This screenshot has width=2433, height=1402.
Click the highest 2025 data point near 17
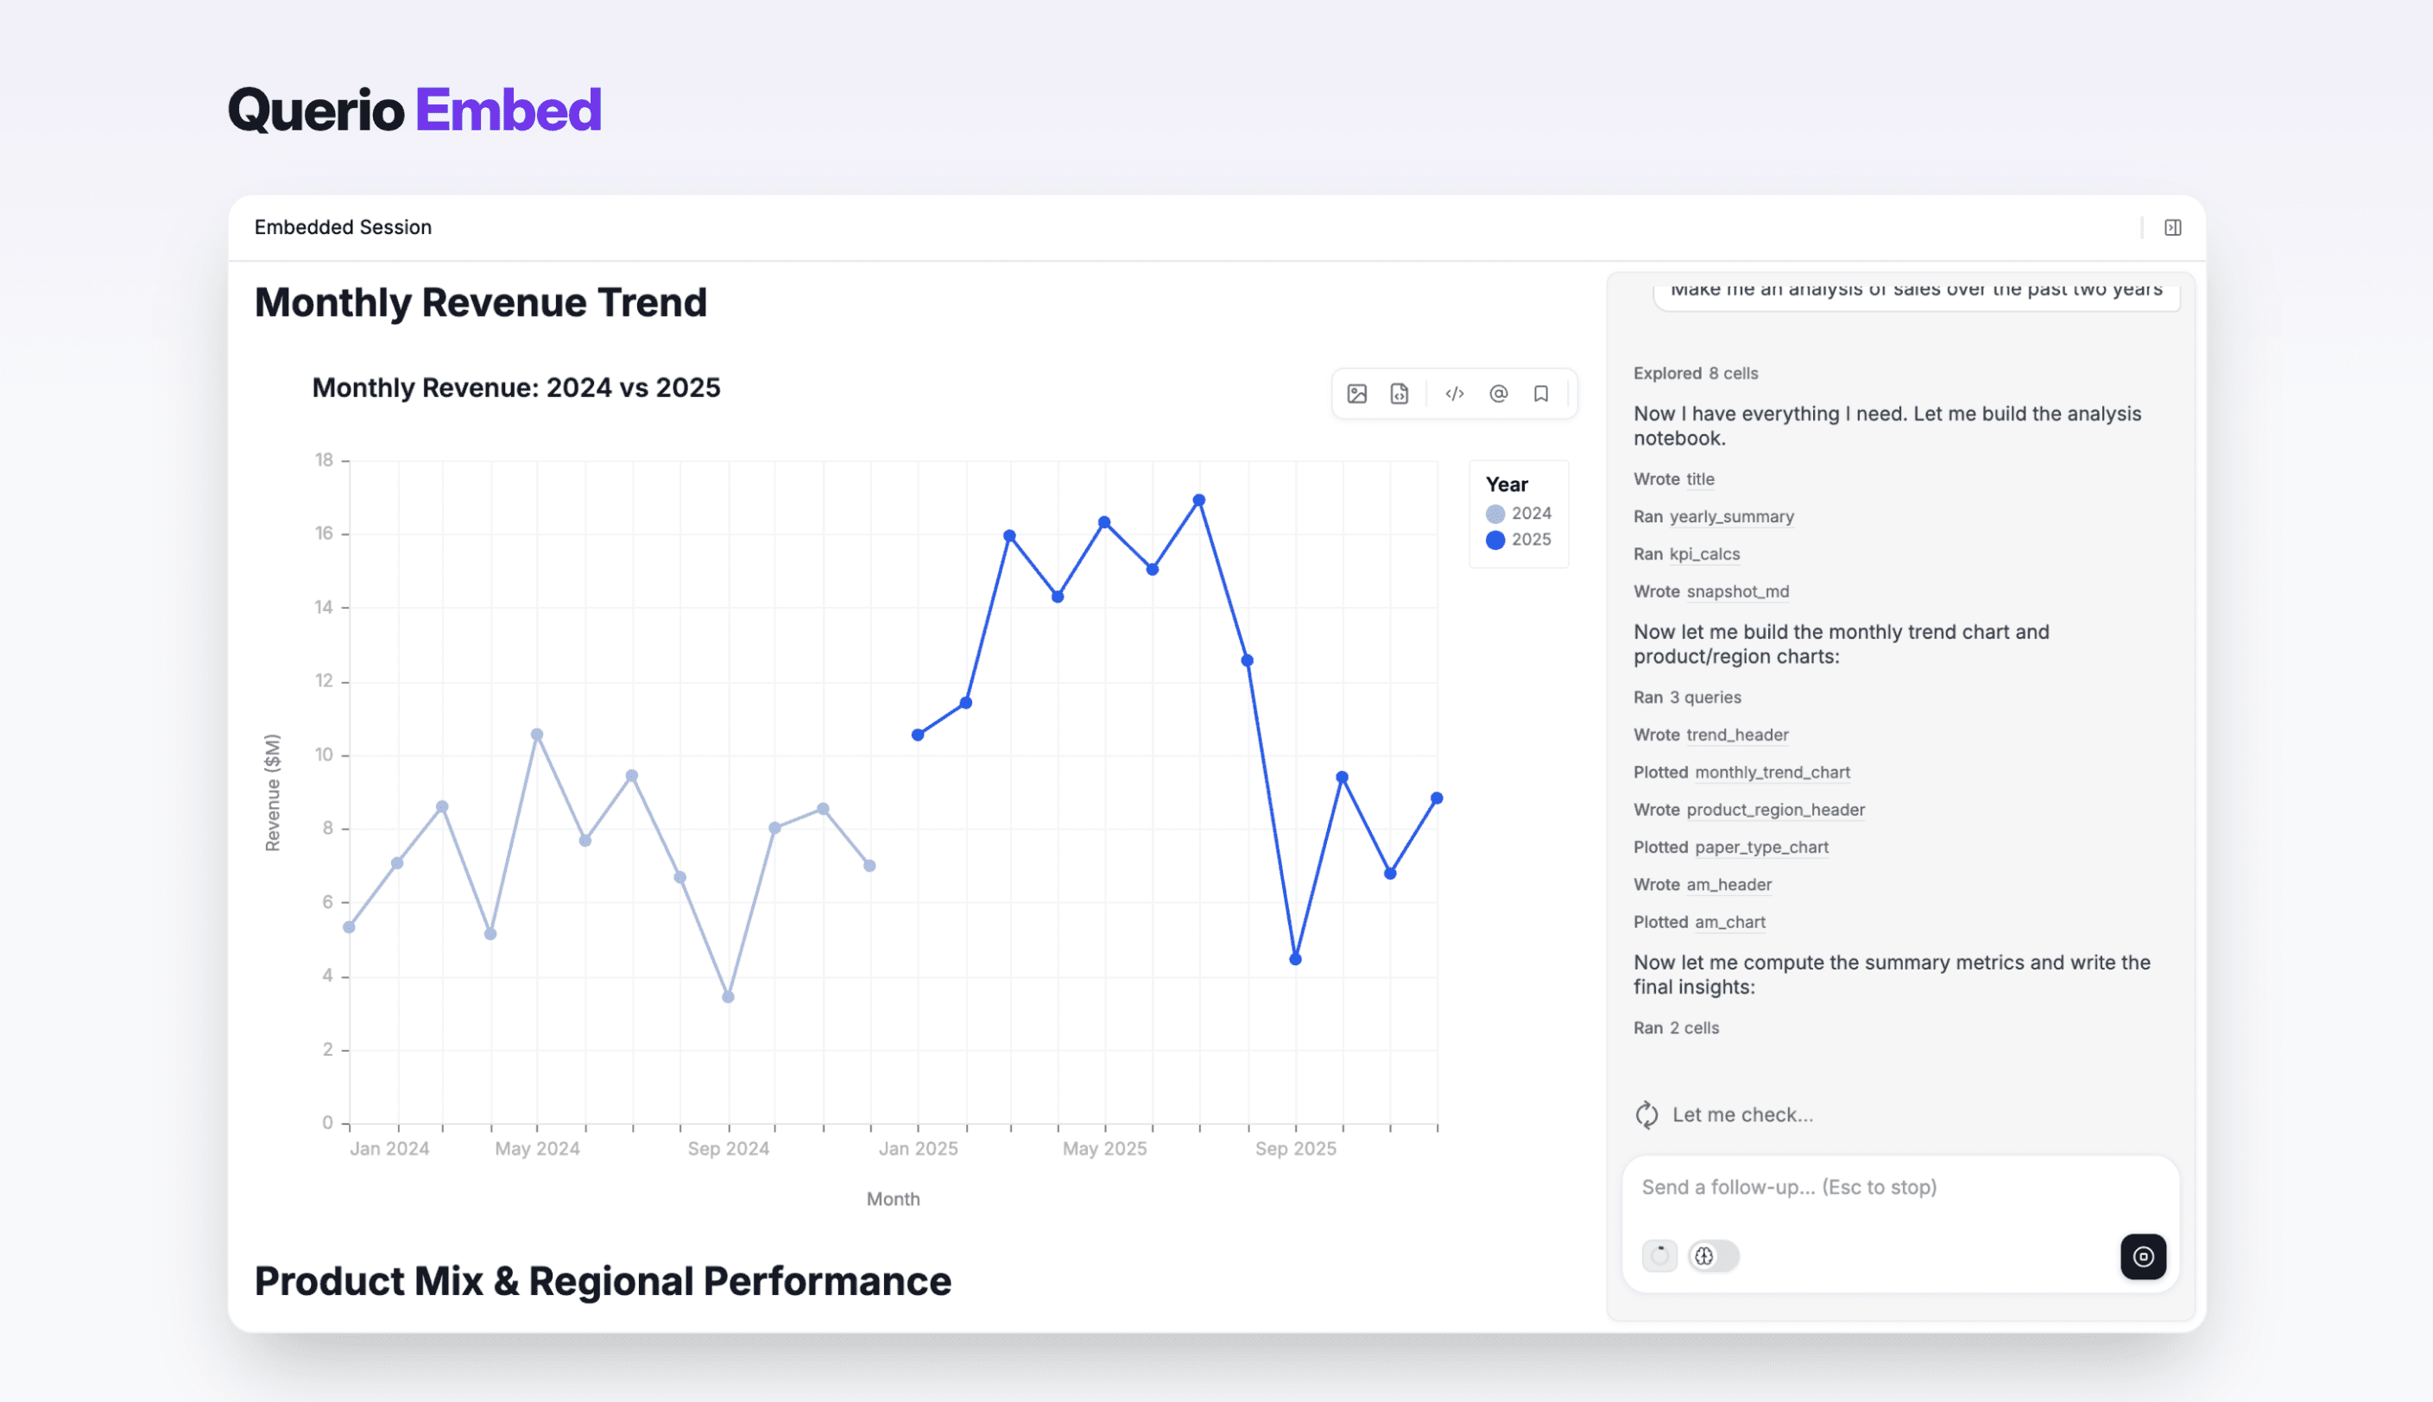click(1198, 501)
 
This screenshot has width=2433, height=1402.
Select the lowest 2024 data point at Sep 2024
click(728, 996)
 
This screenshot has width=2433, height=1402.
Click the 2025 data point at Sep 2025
click(1295, 959)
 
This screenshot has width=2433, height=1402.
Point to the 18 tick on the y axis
click(325, 460)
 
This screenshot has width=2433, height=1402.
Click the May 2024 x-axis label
click(537, 1149)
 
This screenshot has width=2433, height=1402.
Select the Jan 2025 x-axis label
click(918, 1149)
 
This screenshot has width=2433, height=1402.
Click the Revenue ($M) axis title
click(273, 793)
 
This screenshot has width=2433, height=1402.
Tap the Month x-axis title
click(893, 1199)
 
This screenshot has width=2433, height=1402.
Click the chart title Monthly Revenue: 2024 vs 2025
click(516, 387)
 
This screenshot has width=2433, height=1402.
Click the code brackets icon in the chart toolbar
click(1454, 394)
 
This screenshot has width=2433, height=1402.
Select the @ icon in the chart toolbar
click(1498, 394)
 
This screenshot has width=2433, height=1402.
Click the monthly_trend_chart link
click(1772, 773)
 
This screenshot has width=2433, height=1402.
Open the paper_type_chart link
click(1761, 848)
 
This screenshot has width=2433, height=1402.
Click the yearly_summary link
click(1731, 516)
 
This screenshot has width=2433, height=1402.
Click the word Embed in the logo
click(509, 110)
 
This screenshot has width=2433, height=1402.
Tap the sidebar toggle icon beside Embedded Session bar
click(2172, 227)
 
